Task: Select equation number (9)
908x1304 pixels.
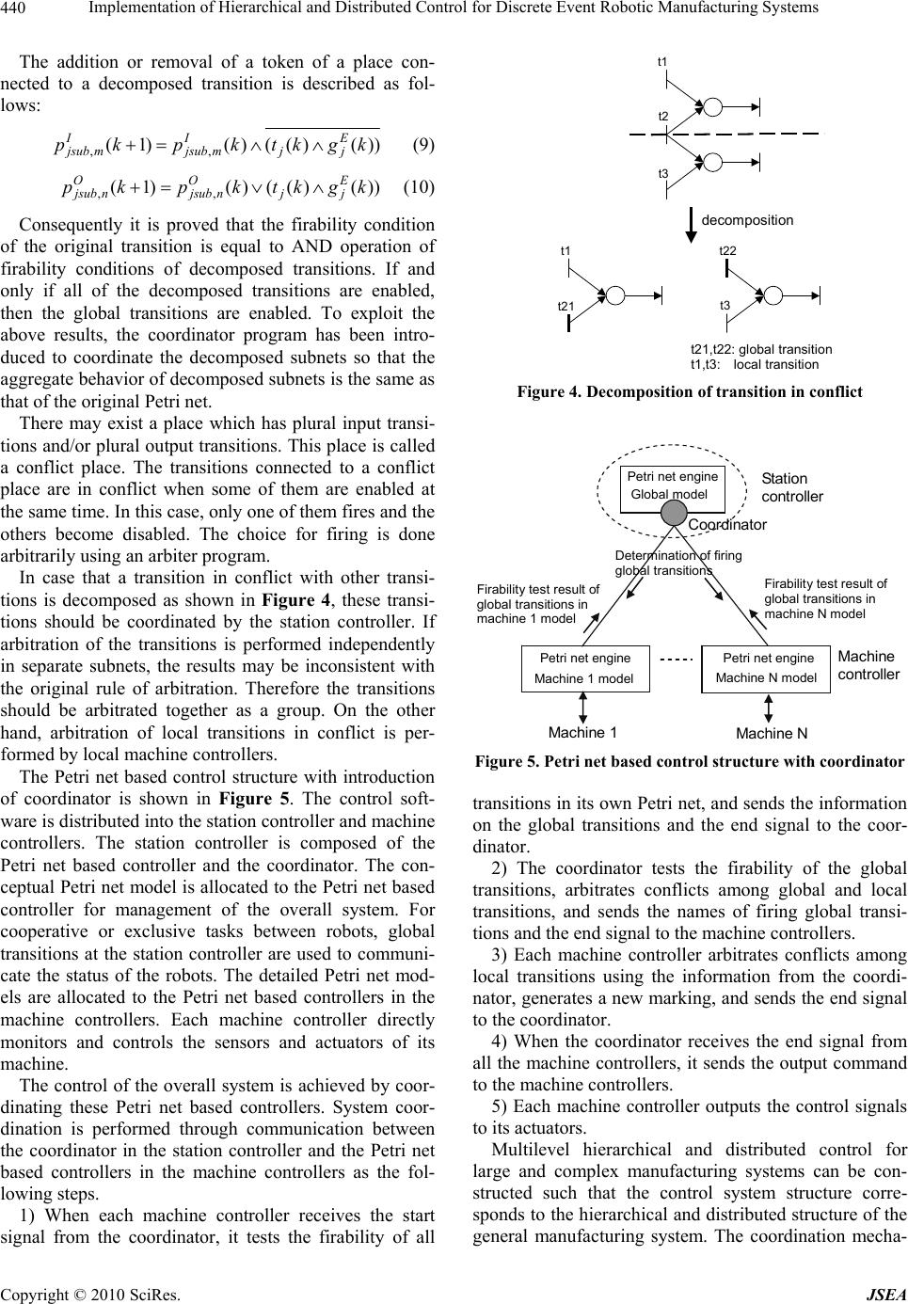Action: [x=422, y=146]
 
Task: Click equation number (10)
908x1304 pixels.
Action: [x=418, y=186]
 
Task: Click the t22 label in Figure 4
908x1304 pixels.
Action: [x=727, y=251]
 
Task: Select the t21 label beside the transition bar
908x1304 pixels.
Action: [x=566, y=307]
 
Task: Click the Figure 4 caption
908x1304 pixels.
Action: [x=690, y=391]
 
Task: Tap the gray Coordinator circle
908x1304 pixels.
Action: [x=673, y=512]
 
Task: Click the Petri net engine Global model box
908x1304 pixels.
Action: [x=672, y=487]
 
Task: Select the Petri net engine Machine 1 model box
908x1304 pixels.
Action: [x=584, y=668]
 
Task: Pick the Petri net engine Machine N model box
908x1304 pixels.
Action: [x=766, y=668]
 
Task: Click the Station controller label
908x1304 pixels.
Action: [x=791, y=487]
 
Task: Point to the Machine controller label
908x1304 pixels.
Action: [x=868, y=665]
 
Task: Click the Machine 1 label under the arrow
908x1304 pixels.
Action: [x=581, y=732]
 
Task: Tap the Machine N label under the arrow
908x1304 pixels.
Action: [x=772, y=733]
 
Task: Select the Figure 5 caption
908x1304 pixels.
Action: [x=690, y=761]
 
